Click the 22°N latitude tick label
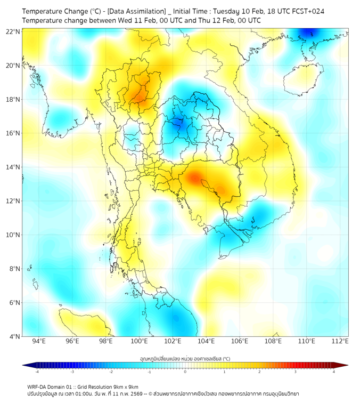coord(13,31)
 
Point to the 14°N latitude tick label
coord(13,167)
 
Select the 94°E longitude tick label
coord(39,342)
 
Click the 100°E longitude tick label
coord(140,342)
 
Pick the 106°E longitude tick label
coord(240,342)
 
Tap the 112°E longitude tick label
coord(340,342)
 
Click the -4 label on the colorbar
coord(37,372)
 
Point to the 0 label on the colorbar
coord(185,372)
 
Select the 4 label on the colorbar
coord(334,372)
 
